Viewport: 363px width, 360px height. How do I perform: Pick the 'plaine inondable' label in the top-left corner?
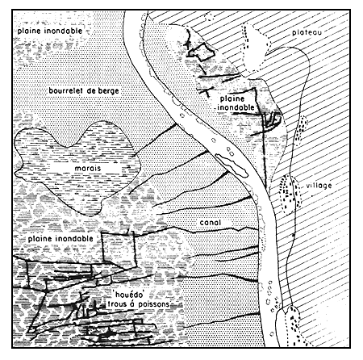(40, 28)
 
